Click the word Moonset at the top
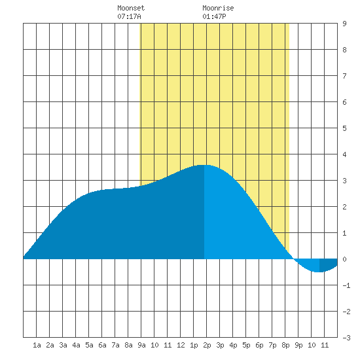131,8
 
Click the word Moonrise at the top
218,8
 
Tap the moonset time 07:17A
129,16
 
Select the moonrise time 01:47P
214,16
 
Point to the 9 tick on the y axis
344,24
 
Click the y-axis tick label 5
344,128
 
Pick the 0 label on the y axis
344,259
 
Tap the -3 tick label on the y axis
346,338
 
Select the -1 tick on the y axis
346,285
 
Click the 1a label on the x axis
37,345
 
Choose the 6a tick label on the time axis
102,345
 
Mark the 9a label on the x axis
141,345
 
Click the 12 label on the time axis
181,345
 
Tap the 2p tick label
207,345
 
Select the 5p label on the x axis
246,345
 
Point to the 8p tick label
285,345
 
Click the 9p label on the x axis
298,345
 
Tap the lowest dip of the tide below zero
318,272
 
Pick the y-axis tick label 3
344,181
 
